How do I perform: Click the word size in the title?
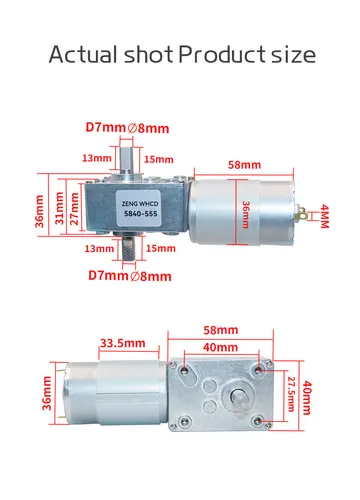(x=290, y=54)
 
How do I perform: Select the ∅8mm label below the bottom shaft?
(x=153, y=275)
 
